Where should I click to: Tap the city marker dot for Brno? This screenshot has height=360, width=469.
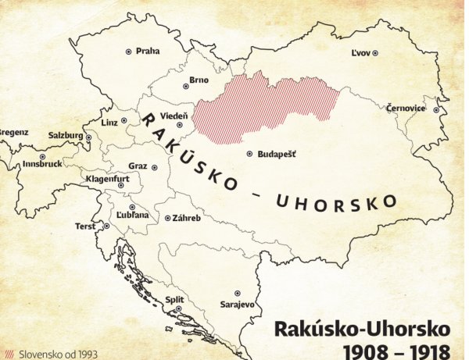184,80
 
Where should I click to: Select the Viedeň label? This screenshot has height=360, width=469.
174,115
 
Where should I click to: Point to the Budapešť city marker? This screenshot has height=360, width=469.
249,155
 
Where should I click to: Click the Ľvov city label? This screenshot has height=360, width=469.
360,52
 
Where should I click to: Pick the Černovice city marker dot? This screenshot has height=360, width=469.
435,109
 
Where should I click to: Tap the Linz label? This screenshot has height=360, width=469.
109,123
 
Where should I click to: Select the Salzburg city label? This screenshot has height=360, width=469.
65,135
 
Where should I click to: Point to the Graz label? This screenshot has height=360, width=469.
138,166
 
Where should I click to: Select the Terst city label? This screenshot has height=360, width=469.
85,226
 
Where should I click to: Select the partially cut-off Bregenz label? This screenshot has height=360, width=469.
13,132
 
